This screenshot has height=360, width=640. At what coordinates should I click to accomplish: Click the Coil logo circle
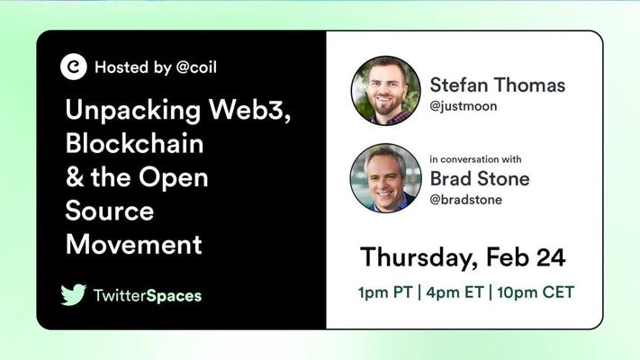coord(74,67)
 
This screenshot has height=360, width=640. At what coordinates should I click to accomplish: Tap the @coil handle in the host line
coord(196,67)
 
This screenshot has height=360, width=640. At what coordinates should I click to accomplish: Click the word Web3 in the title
coord(250,110)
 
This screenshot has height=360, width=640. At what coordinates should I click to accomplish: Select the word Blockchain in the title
coord(134,143)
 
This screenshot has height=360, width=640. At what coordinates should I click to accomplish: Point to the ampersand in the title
coord(75,177)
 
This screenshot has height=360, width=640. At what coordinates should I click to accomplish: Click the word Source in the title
coord(110,211)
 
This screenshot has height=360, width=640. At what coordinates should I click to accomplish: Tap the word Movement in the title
coord(133,245)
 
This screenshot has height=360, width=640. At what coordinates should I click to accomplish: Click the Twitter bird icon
coord(74,294)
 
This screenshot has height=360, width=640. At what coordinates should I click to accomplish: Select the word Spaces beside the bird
coord(174,296)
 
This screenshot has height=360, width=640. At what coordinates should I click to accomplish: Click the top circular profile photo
coord(386,91)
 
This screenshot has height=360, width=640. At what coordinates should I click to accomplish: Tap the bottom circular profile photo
coord(386,178)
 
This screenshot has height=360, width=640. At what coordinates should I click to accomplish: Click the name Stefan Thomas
coord(498,85)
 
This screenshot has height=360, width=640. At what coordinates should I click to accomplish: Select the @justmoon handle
coord(464,106)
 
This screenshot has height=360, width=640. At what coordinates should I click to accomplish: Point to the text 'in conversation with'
coord(475,159)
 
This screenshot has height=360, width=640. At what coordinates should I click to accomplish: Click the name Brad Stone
coord(480,179)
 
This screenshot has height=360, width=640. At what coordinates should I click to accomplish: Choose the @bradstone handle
coord(465,200)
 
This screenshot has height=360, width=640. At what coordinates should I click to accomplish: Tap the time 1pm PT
coord(385,292)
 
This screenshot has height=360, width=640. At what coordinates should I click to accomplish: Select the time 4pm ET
coord(455,292)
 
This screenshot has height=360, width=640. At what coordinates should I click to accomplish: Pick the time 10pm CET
coord(536,292)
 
